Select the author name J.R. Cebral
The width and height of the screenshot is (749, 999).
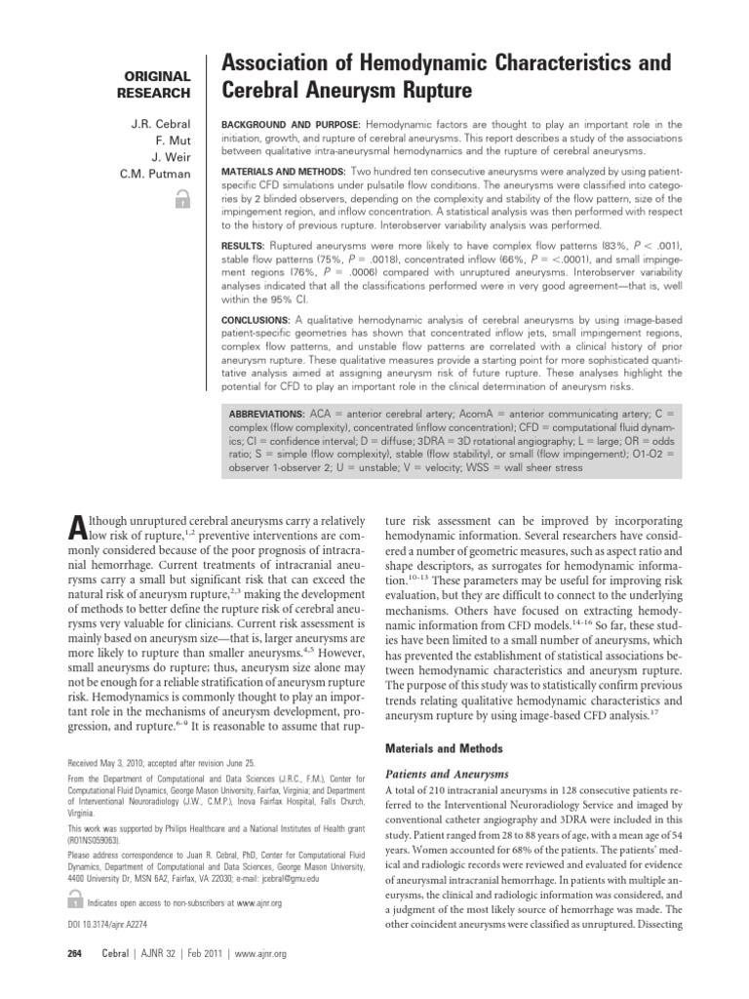pos(162,125)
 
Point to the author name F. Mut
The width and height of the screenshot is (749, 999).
pos(172,141)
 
